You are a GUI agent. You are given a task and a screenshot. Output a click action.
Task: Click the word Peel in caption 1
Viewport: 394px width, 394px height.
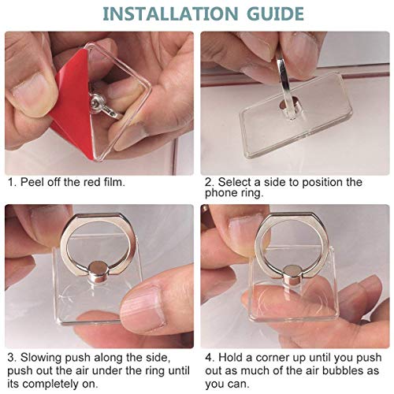pyautogui.click(x=36, y=183)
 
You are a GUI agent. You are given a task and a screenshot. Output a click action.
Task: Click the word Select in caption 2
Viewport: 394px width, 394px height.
pyautogui.click(x=237, y=183)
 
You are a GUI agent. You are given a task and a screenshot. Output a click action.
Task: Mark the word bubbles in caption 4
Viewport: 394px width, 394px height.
pyautogui.click(x=342, y=371)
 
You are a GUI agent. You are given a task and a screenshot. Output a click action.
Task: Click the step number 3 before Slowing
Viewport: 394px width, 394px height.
pyautogui.click(x=12, y=359)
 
